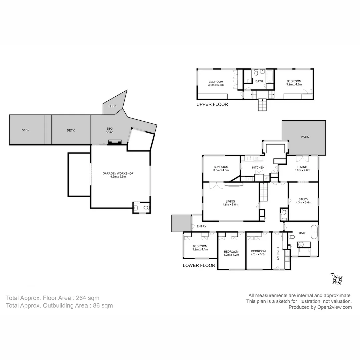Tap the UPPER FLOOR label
(x=212, y=104)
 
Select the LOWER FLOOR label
(x=199, y=266)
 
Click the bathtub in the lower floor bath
(x=314, y=232)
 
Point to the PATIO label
(x=305, y=137)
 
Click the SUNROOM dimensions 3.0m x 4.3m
(x=221, y=170)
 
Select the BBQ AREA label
(x=110, y=130)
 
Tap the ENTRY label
(x=201, y=227)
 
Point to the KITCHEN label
(x=258, y=167)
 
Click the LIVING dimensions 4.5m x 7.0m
(x=230, y=205)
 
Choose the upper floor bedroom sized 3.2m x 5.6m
(x=216, y=83)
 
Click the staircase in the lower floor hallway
(x=264, y=193)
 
